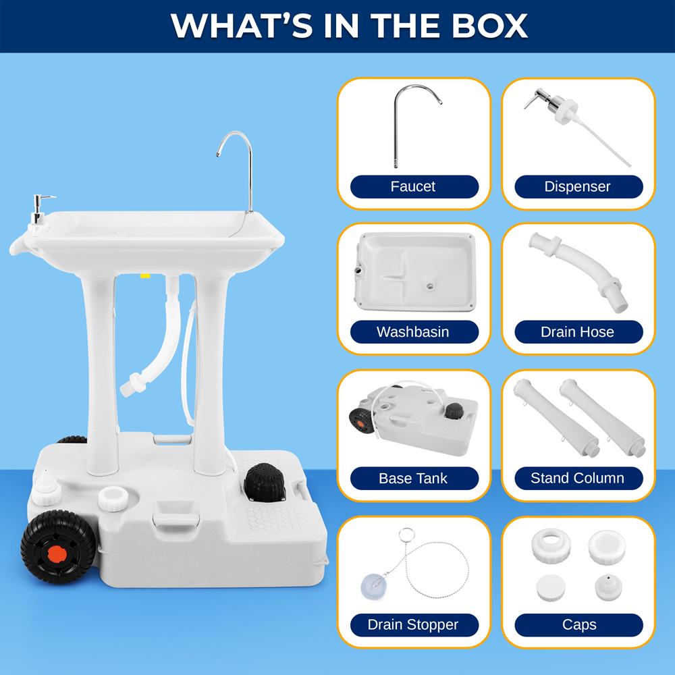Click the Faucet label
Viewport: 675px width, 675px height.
pos(413,186)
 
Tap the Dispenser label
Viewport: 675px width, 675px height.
pos(578,186)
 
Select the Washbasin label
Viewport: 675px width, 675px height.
pos(413,332)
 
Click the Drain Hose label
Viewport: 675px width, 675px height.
pos(578,332)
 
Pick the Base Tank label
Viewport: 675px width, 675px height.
pos(413,479)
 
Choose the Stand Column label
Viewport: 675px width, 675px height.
pos(578,479)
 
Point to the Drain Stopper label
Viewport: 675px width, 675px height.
pos(413,624)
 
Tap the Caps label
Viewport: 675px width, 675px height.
pos(579,624)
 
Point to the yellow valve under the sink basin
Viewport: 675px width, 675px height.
pos(144,275)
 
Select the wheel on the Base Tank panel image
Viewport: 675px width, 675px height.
pos(360,420)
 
